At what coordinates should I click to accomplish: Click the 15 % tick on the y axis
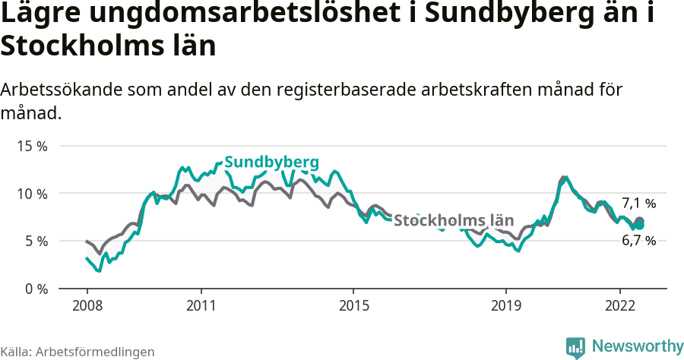click(32, 146)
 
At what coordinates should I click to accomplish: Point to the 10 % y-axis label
click(32, 194)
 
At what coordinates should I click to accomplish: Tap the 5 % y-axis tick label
click(35, 241)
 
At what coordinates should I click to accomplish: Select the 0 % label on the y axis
click(35, 289)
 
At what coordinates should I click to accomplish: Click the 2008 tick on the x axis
click(87, 305)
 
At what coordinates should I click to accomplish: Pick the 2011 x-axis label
click(201, 305)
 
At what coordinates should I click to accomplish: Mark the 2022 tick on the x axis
click(619, 305)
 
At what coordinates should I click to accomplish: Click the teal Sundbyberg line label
click(271, 162)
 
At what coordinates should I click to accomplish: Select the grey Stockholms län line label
click(454, 220)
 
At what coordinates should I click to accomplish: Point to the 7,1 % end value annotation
click(638, 204)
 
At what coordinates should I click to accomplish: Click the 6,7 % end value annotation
click(638, 240)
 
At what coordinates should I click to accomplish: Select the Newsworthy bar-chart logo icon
click(575, 347)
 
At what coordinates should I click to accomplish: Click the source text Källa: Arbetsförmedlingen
click(78, 352)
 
